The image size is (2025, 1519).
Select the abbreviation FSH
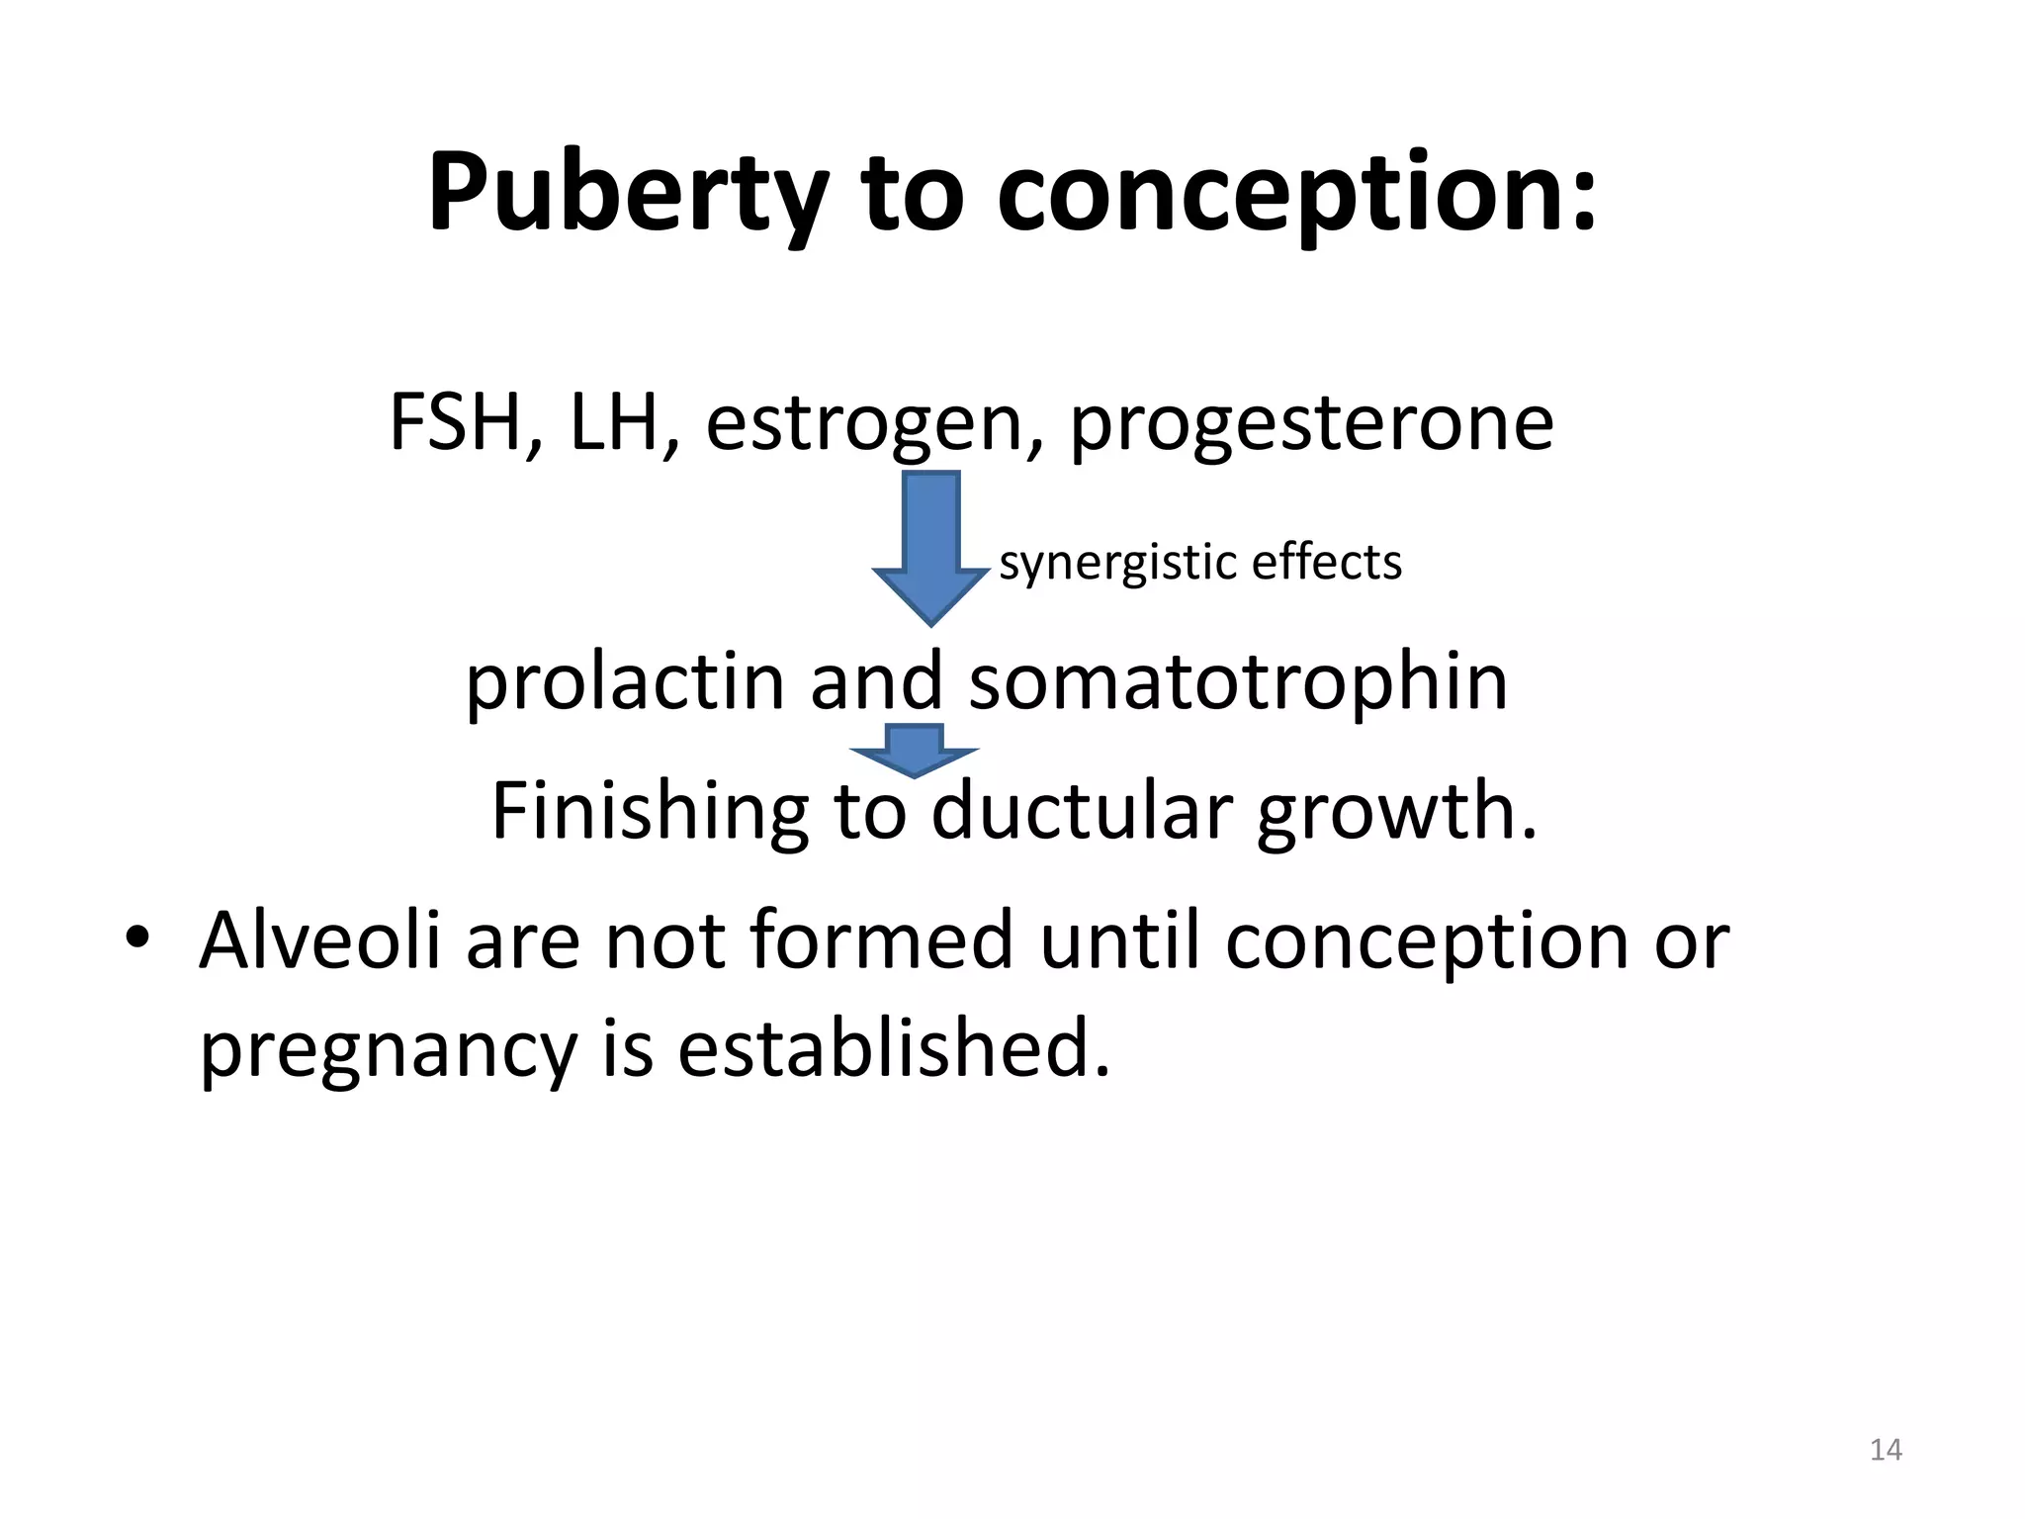pyautogui.click(x=456, y=422)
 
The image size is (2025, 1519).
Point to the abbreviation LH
pyautogui.click(x=614, y=422)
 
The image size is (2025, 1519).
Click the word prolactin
pyautogui.click(x=624, y=682)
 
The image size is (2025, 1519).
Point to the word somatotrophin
pyautogui.click(x=1238, y=682)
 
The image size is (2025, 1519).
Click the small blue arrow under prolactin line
pyautogui.click(x=915, y=750)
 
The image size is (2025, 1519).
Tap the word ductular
pyautogui.click(x=1081, y=811)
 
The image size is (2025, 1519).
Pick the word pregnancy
pyautogui.click(x=387, y=1050)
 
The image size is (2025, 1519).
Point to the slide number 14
pyautogui.click(x=1886, y=1450)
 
